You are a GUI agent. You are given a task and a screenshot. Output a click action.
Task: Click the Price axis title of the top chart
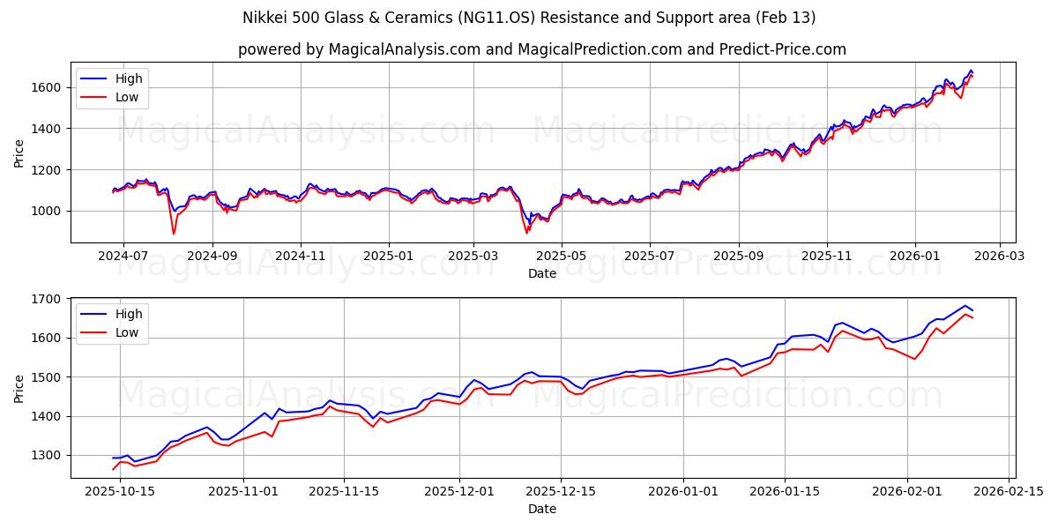pyautogui.click(x=19, y=153)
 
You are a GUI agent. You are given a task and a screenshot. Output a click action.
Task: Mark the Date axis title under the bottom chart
pyautogui.click(x=542, y=509)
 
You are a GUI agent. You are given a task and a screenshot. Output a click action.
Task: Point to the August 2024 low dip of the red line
pyautogui.click(x=174, y=234)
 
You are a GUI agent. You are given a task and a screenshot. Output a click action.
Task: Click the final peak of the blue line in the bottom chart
pyautogui.click(x=965, y=306)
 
